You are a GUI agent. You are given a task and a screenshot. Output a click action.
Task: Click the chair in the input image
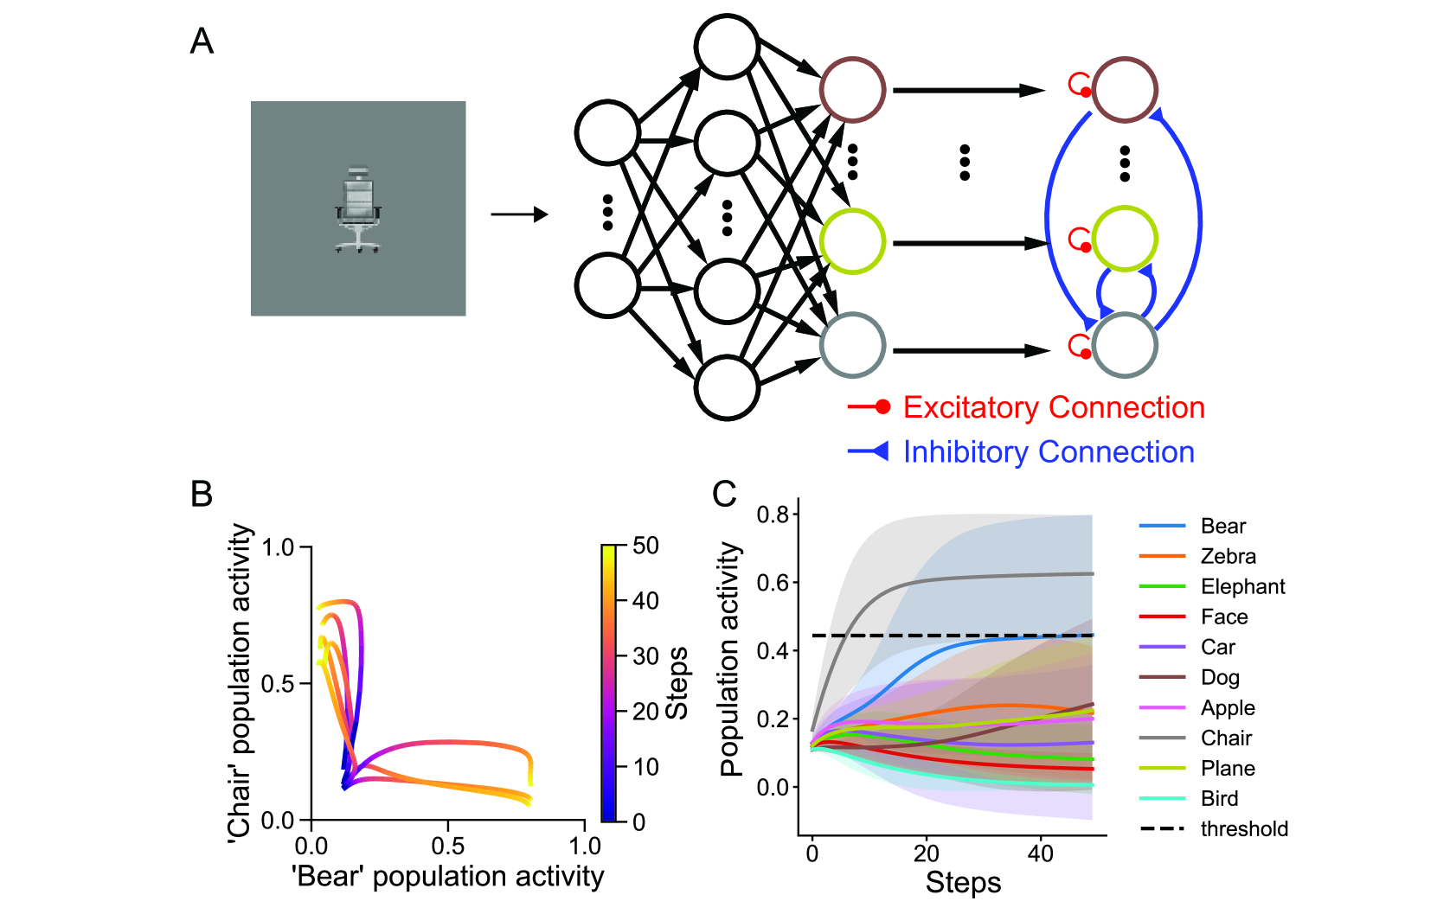coord(357,210)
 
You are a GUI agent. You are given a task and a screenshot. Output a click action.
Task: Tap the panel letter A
coord(202,42)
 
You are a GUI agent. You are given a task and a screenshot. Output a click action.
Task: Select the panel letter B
coord(201,494)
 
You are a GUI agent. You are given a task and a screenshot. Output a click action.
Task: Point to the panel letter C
coord(724,494)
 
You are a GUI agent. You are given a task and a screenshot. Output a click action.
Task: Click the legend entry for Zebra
coord(1228,556)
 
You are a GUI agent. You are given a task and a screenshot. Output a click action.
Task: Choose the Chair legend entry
coord(1226,738)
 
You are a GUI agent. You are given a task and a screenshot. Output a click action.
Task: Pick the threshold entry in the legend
coord(1243,828)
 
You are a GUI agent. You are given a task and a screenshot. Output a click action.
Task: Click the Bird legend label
coord(1219,798)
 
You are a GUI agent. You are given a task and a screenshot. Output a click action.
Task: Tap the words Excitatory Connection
coord(1054,407)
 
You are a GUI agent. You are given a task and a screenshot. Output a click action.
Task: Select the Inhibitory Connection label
coord(1049,451)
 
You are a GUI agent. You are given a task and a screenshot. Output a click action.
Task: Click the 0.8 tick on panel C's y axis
coord(773,515)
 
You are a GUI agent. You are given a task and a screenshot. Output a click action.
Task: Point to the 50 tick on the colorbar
coord(645,546)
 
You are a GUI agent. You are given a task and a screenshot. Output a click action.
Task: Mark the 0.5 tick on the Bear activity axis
coord(448,845)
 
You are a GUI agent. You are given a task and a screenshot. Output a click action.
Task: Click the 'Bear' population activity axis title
coord(448,876)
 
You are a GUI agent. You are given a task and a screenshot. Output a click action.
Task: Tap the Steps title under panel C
coord(963,882)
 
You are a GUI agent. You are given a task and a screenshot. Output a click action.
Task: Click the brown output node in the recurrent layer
coord(1125,90)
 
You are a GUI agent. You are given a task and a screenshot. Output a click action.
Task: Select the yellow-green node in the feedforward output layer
coord(852,241)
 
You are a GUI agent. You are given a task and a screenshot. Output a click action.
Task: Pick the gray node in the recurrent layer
coord(1125,346)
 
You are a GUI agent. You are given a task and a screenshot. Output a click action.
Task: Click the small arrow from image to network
coord(519,214)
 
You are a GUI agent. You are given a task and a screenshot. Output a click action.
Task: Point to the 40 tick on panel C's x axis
coord(1041,854)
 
